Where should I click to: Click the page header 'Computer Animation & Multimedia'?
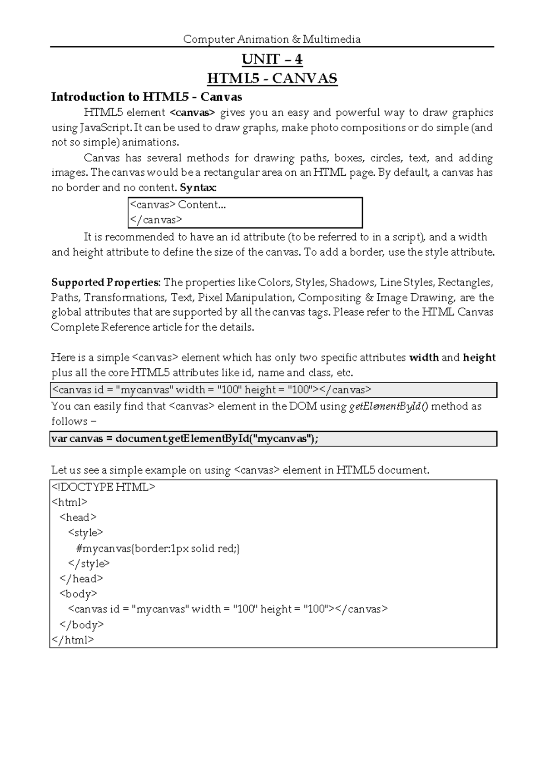coord(272,39)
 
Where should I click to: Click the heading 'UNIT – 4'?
coord(272,59)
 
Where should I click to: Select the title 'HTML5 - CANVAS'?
coord(272,79)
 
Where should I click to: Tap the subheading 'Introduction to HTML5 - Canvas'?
coord(146,97)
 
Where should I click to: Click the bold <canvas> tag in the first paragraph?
coord(192,112)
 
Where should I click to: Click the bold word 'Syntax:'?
coord(198,188)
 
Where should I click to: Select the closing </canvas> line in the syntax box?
coord(156,220)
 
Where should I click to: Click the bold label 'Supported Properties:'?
coord(105,282)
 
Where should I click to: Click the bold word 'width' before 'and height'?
coord(424,358)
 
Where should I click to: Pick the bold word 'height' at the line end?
coord(479,358)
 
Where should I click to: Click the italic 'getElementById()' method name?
coord(388,406)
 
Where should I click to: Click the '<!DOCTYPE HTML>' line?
coord(104,488)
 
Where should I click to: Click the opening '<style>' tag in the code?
coord(85,533)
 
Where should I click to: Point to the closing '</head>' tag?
coord(81,579)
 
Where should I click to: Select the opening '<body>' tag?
coord(78,594)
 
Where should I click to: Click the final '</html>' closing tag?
coord(73,640)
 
